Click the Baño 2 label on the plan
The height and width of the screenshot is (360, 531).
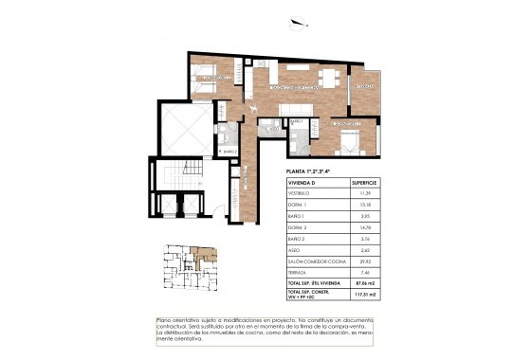(x=229, y=150)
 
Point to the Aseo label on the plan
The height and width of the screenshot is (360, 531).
(x=295, y=122)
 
